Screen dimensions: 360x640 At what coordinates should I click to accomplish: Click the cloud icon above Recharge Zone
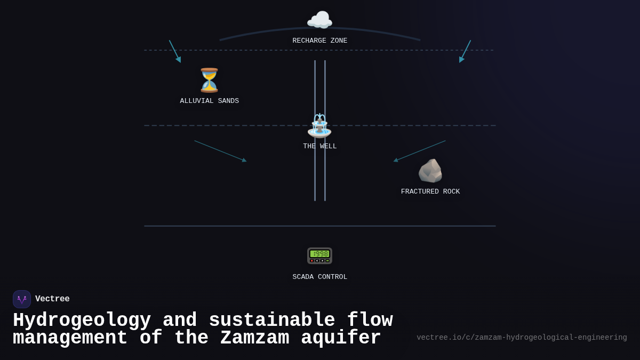[319, 20]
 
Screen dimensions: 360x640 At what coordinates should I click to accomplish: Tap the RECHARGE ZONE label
[319, 41]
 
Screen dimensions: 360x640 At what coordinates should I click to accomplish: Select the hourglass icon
[209, 80]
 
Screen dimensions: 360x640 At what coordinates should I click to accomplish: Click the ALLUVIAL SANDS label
[209, 101]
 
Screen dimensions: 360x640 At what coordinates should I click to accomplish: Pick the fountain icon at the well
[319, 126]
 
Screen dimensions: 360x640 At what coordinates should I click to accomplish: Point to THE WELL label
[319, 147]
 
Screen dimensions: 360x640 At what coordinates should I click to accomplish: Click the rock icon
[430, 171]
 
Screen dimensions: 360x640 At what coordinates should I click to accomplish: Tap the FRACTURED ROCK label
[430, 192]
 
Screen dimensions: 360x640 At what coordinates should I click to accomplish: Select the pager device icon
[319, 255]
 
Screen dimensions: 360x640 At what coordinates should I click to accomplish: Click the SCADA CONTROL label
[319, 277]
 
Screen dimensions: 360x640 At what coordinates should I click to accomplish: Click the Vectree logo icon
[22, 299]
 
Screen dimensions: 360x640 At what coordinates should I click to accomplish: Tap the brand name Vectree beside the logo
[52, 299]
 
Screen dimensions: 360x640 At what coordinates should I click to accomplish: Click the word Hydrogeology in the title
[82, 321]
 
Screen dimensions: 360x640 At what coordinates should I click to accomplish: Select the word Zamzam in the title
[254, 338]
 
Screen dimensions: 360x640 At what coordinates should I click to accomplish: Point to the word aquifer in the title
[341, 338]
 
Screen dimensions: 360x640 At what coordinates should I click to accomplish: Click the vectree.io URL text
[522, 338]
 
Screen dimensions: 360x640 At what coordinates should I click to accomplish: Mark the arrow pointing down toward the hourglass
[175, 51]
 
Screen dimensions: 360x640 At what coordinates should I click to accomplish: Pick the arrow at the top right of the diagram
[465, 51]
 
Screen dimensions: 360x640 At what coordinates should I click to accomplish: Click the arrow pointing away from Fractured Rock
[419, 150]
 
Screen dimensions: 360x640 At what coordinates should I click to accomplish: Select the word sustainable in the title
[271, 321]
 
